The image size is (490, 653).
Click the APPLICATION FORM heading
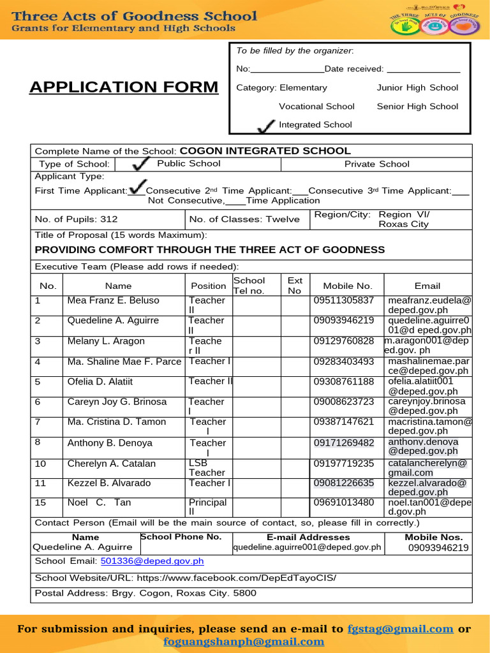[123, 87]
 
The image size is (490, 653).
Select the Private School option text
[376, 164]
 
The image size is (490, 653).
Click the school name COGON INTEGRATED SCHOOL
[265, 151]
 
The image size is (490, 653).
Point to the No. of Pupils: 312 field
[76, 219]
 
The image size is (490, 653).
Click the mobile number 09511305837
[343, 300]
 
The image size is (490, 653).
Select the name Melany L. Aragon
[106, 341]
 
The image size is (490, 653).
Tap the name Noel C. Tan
[99, 503]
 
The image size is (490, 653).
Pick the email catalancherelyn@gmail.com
[427, 467]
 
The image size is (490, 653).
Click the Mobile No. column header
[347, 286]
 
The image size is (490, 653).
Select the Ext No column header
[295, 286]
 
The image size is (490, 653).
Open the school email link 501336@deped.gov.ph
[152, 561]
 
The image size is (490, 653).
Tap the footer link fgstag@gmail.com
[400, 629]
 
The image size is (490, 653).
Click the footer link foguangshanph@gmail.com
[244, 642]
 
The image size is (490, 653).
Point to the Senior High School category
[417, 106]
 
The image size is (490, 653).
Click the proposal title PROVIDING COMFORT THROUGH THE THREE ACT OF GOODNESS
[209, 249]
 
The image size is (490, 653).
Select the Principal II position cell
[207, 507]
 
